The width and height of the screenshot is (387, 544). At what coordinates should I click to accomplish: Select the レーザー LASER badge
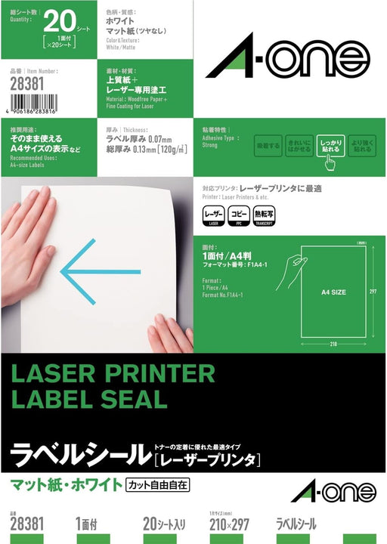coord(213,215)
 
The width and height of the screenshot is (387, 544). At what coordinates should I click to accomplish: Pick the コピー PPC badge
coord(239,215)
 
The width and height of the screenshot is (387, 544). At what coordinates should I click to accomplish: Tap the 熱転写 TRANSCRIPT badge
coord(265,215)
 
